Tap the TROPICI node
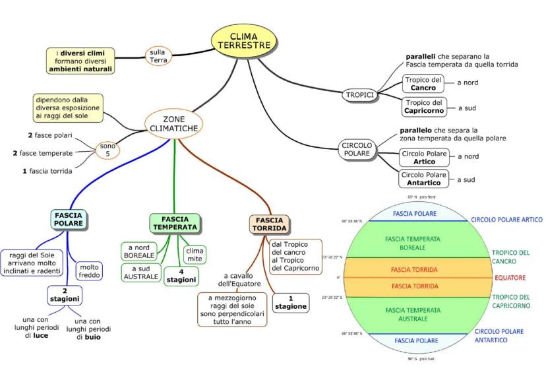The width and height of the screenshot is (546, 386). pyautogui.click(x=360, y=95)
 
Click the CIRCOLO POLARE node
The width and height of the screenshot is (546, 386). pyautogui.click(x=357, y=148)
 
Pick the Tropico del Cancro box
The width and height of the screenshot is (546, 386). pyautogui.click(x=423, y=83)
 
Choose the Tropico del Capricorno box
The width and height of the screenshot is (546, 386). pyautogui.click(x=423, y=107)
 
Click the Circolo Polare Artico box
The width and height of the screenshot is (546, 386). pyautogui.click(x=424, y=156)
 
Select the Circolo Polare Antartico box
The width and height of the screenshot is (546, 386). pyautogui.click(x=424, y=179)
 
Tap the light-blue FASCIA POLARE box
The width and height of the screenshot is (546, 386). pyautogui.click(x=69, y=220)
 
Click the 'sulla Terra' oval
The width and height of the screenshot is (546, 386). pyautogui.click(x=158, y=55)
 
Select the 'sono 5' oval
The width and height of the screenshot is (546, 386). pyautogui.click(x=107, y=150)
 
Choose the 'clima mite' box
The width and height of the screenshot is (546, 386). pyautogui.click(x=195, y=255)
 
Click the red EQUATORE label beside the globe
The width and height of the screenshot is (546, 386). pyautogui.click(x=510, y=278)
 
